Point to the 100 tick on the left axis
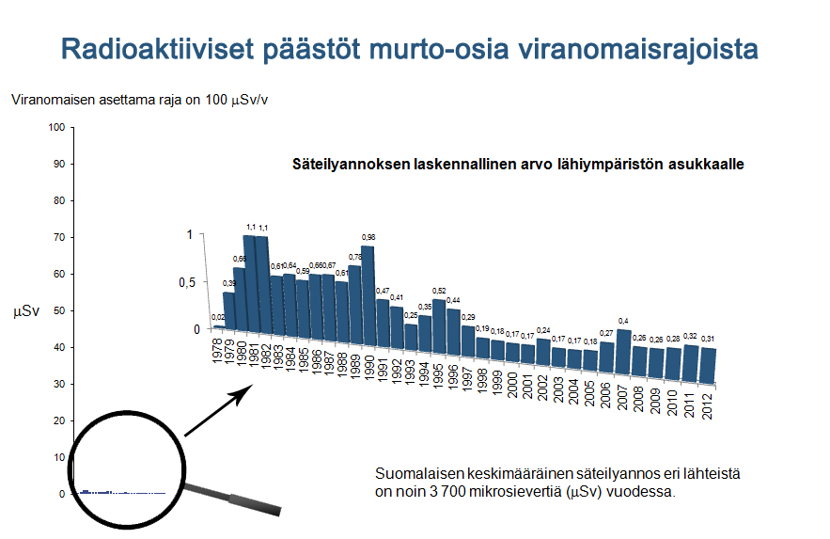click(x=56, y=127)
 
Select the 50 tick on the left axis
click(x=58, y=311)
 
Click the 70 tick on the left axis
click(x=58, y=238)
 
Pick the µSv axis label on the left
click(x=24, y=310)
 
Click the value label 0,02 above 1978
click(x=218, y=318)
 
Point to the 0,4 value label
click(x=623, y=322)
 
